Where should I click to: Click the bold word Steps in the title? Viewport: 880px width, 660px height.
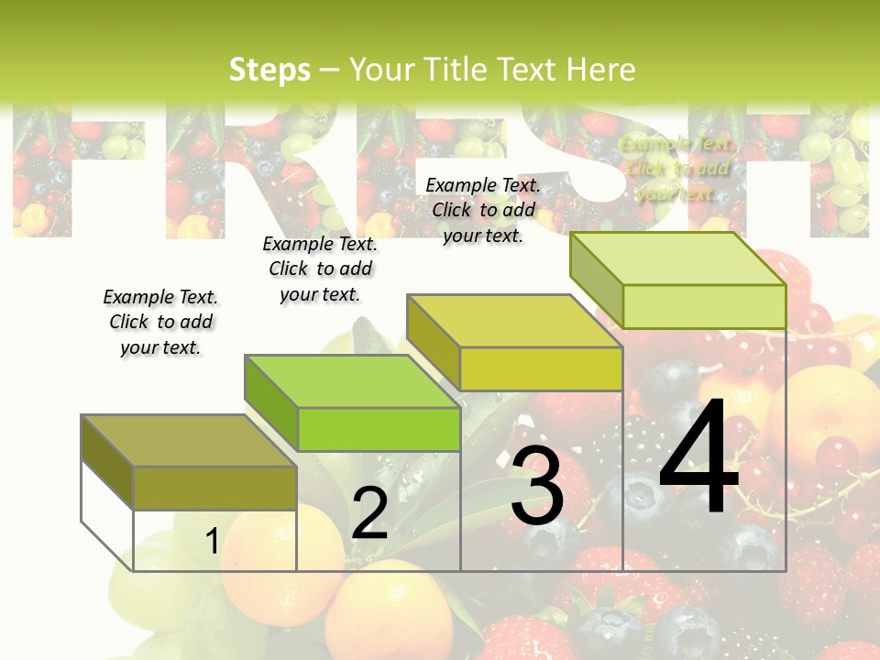pos(269,70)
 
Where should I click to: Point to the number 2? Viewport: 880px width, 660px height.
pos(369,513)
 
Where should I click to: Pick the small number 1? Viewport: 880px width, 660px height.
pos(212,541)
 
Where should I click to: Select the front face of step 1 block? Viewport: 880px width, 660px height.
pos(214,488)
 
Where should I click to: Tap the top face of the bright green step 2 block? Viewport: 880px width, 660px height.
pos(352,380)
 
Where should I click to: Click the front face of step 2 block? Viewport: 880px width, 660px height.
pos(379,429)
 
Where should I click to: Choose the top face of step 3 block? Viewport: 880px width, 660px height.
pos(514,321)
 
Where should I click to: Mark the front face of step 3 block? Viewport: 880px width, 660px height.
pos(541,368)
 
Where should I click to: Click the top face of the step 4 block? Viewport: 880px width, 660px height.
pos(677,258)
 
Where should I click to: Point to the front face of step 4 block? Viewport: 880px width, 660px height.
pos(704,306)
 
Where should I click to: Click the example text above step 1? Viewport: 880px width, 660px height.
pos(160,322)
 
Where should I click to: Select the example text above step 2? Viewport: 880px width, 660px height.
pos(320,269)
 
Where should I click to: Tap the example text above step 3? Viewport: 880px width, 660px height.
pos(483,210)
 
